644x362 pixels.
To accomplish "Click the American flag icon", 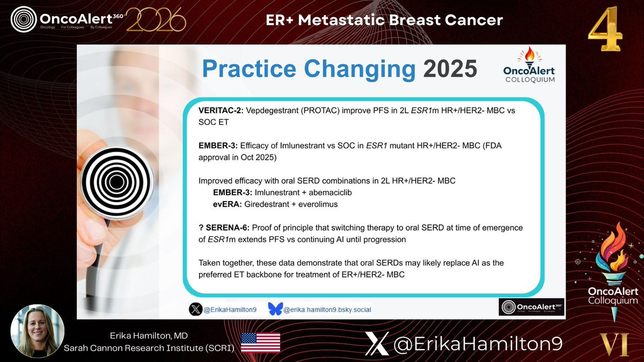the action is point(260,342).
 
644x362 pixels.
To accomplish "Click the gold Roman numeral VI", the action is point(614,344).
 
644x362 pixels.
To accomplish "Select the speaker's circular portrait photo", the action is point(38,331).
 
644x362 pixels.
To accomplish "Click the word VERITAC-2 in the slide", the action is point(221,110).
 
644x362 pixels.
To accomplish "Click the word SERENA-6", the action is point(228,228).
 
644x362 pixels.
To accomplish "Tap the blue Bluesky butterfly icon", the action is point(275,309).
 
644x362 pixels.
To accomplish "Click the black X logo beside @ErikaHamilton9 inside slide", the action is point(195,309).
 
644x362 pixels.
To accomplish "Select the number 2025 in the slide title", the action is point(450,69).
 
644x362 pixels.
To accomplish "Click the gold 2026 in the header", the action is point(156,19).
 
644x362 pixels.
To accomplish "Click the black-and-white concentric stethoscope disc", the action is point(117,182).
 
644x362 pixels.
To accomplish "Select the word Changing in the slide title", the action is point(360,70).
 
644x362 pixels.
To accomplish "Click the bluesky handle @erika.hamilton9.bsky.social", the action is point(327,310).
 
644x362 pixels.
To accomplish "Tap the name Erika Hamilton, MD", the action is point(149,336).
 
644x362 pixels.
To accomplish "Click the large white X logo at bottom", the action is point(377,344).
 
